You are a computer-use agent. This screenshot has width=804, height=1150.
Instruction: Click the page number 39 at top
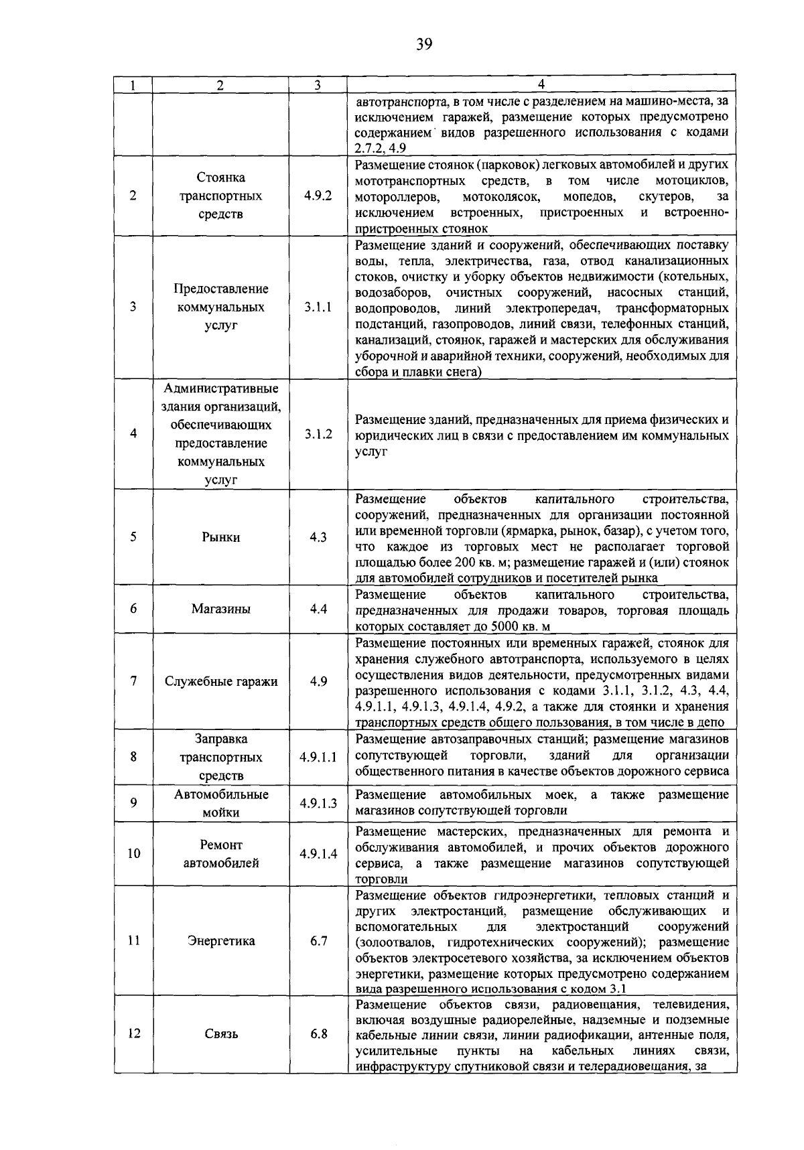(x=423, y=45)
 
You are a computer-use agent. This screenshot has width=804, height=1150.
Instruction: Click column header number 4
(x=541, y=84)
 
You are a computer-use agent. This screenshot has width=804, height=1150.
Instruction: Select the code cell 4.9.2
(x=318, y=196)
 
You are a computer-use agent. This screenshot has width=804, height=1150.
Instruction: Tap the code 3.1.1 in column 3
(x=318, y=307)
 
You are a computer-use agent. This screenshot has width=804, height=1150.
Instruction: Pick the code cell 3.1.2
(x=318, y=434)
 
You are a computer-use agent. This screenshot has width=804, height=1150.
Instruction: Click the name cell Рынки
(x=220, y=537)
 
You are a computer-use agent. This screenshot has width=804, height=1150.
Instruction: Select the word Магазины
(x=220, y=609)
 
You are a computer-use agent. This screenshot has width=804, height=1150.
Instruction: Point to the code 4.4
(x=318, y=609)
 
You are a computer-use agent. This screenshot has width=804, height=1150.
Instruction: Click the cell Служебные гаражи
(x=220, y=681)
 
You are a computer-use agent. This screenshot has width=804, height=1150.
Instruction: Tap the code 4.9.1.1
(x=318, y=758)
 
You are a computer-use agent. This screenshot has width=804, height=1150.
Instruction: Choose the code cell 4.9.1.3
(x=318, y=803)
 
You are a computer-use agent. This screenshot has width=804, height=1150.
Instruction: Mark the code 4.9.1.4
(x=318, y=854)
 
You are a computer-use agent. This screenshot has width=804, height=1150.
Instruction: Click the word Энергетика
(x=220, y=940)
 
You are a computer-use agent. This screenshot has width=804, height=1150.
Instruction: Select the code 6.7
(x=318, y=940)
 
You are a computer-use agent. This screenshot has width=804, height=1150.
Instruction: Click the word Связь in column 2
(x=220, y=1033)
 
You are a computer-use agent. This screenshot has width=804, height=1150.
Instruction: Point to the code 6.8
(x=318, y=1033)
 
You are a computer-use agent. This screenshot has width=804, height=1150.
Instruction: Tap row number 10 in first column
(x=133, y=854)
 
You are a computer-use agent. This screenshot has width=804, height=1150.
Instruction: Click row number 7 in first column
(x=133, y=681)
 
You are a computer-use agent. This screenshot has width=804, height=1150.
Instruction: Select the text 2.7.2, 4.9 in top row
(x=380, y=148)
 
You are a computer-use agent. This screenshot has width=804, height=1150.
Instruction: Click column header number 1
(x=133, y=85)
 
